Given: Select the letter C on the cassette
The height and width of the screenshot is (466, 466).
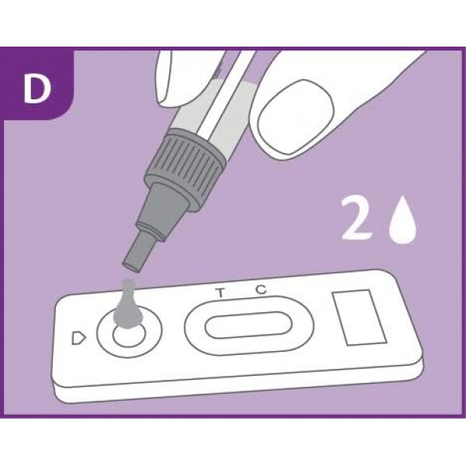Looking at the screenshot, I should [261, 290].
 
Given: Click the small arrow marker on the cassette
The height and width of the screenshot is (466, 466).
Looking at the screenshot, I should [78, 338].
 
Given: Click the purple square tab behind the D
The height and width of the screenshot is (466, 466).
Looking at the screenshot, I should [35, 85].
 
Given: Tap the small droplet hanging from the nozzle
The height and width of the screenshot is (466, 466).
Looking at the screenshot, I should [130, 267].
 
